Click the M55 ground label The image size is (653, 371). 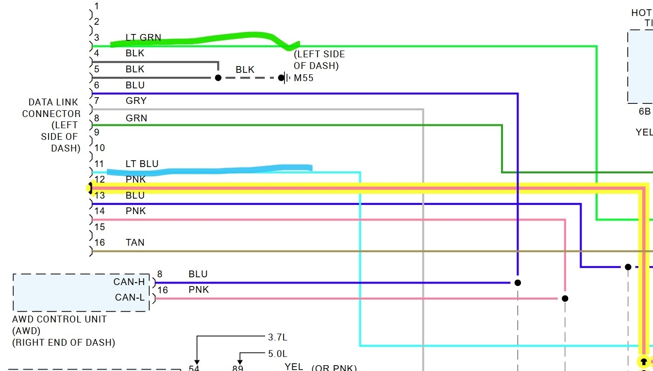pos(303,78)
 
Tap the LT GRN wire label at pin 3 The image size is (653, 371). pos(143,37)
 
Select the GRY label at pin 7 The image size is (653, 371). pos(136,101)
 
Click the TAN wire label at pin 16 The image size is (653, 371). pos(135,242)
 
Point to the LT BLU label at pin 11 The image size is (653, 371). pos(142,164)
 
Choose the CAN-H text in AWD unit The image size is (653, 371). pos(129,282)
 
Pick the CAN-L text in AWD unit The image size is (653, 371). pos(130,297)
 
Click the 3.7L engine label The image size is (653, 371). pos(278,337)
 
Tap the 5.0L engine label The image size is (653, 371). pos(278,354)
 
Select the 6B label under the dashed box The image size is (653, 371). pos(644,111)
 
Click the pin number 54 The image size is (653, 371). pos(194,368)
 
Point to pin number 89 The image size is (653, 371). pos(237,368)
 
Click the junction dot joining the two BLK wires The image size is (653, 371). pos(218,78)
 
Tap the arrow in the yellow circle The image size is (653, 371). pos(643,362)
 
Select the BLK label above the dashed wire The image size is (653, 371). pos(245,70)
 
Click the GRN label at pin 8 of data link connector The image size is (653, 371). pos(136,118)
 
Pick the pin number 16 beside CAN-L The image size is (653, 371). pos(163,290)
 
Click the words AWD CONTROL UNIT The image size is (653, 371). pos(59,320)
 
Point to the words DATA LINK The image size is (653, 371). pos(53,102)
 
